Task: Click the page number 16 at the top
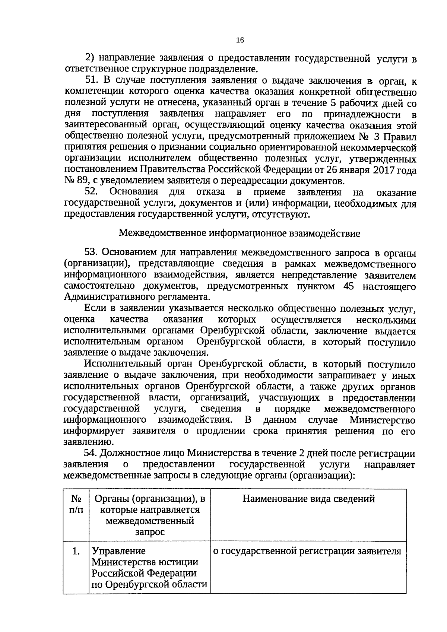[240, 41]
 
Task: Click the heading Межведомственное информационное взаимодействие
[239, 234]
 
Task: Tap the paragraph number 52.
[91, 192]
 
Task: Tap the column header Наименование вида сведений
[308, 499]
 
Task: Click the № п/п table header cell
[76, 504]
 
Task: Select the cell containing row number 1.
[76, 551]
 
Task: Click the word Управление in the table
[118, 551]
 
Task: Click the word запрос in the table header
[150, 532]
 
